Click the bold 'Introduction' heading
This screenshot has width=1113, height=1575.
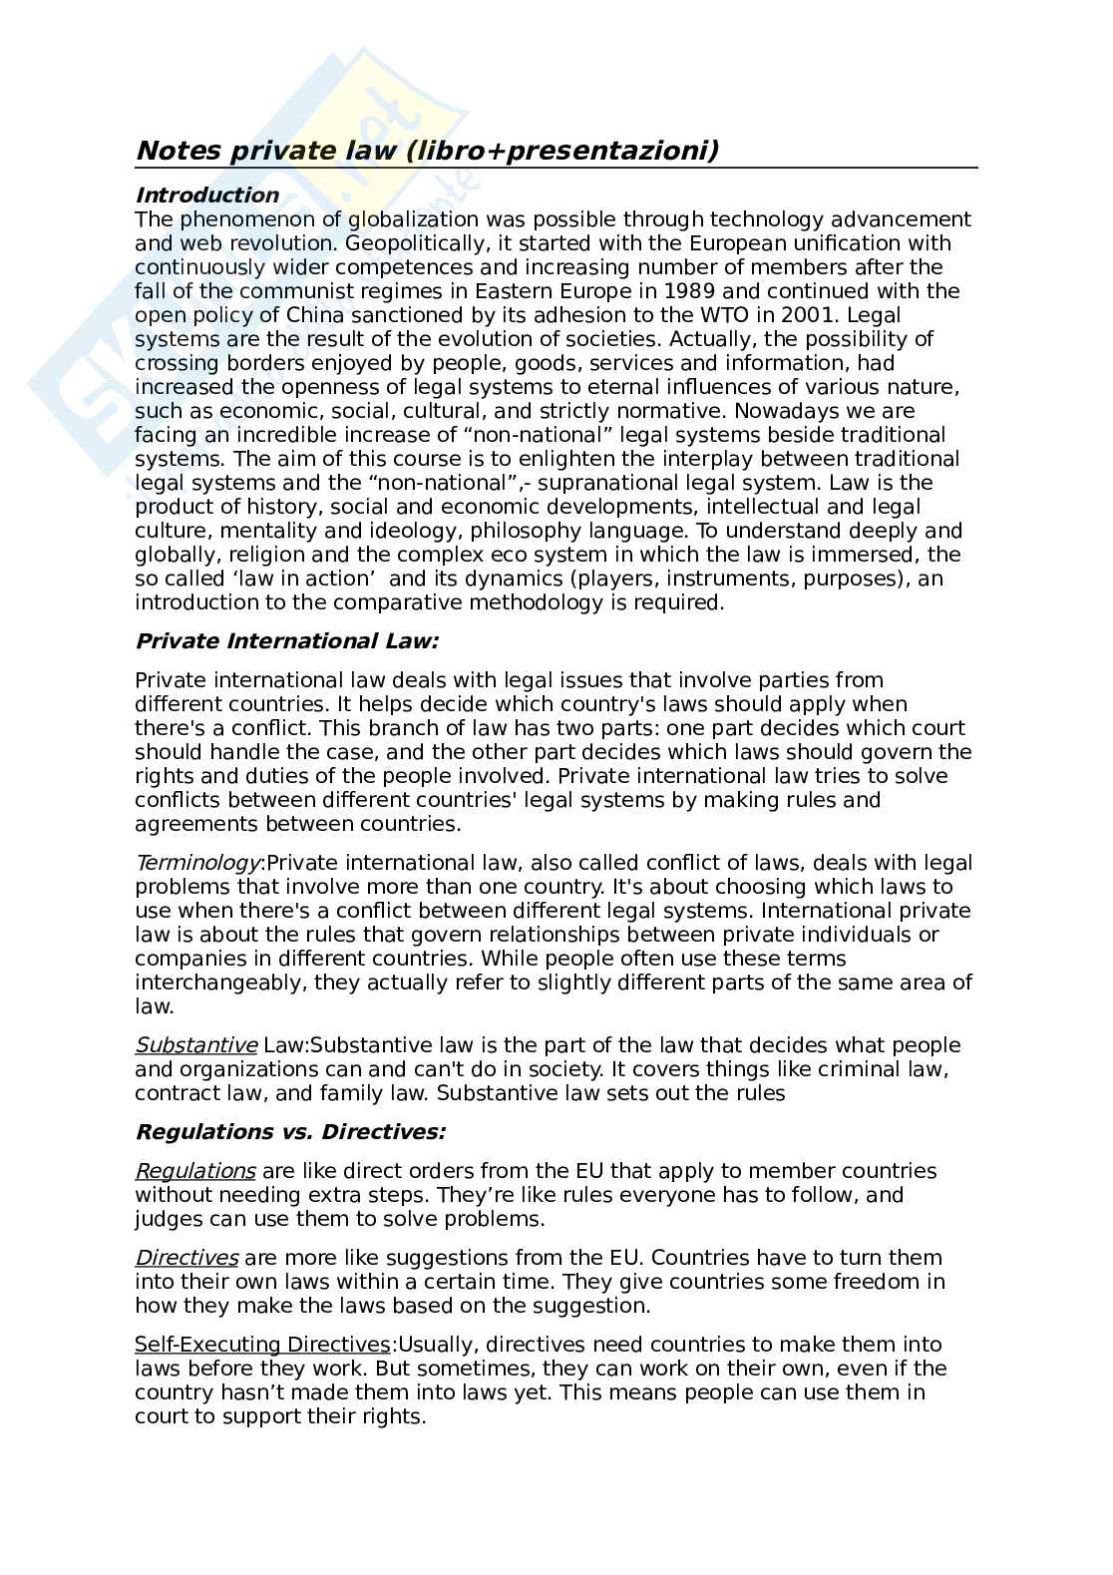pyautogui.click(x=206, y=195)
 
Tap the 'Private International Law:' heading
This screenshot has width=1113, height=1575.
pyautogui.click(x=286, y=641)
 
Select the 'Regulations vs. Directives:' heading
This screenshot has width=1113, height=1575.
pyautogui.click(x=290, y=1132)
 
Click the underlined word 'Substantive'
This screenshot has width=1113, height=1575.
pyautogui.click(x=196, y=1045)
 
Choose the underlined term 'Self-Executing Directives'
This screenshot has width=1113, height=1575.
pyautogui.click(x=262, y=1345)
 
